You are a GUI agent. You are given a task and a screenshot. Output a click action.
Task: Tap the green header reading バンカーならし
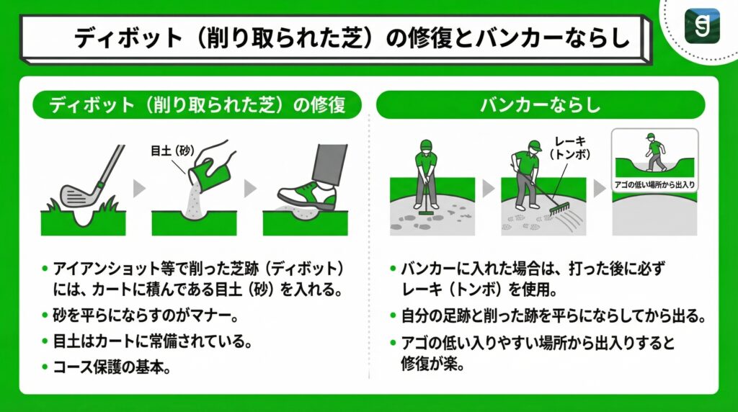point(540,104)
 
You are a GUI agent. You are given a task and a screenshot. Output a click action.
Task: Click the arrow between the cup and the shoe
point(249,189)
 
